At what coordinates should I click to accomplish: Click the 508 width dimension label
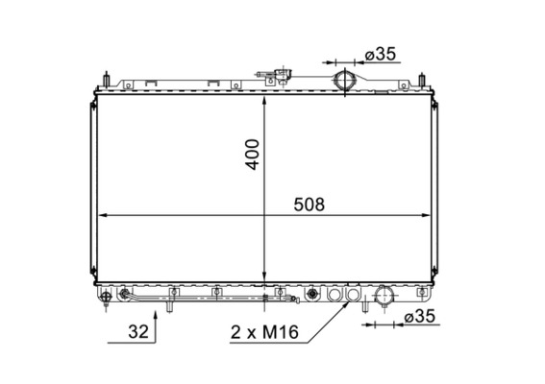point(308,204)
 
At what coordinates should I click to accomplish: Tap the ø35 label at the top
point(380,54)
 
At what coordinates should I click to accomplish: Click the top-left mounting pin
point(109,77)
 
